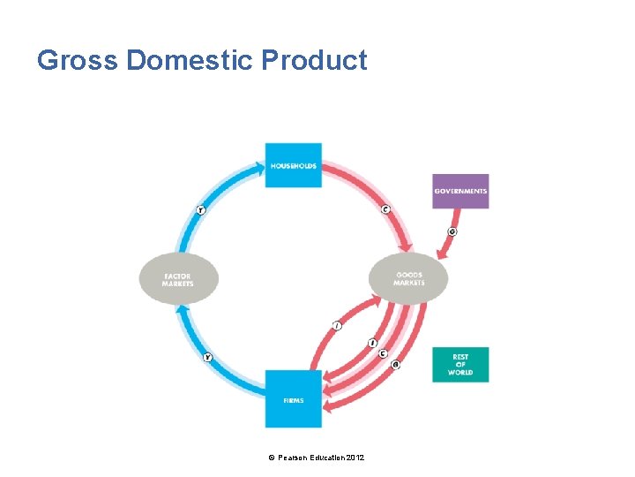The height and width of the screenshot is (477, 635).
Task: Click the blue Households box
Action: [x=293, y=165]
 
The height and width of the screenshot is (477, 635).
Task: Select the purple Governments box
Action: [x=460, y=191]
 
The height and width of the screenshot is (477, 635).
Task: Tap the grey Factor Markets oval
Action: [x=178, y=279]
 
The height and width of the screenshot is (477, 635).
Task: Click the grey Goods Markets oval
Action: [x=408, y=278]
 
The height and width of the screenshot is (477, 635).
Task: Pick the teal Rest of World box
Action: [x=460, y=365]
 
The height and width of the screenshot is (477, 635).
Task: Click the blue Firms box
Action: [x=294, y=399]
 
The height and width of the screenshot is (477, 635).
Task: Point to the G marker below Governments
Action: [x=452, y=232]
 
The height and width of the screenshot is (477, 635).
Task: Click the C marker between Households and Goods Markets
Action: [x=385, y=209]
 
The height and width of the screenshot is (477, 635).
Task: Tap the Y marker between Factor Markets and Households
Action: [x=201, y=210]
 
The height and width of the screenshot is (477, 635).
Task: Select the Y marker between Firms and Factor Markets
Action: [x=207, y=358]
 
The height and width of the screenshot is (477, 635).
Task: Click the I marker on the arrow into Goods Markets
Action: [x=336, y=326]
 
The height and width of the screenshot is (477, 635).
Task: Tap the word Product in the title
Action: [x=315, y=60]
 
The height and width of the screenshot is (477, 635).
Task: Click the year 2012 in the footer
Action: [x=355, y=457]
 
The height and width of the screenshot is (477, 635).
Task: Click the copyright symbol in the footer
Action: [x=272, y=457]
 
